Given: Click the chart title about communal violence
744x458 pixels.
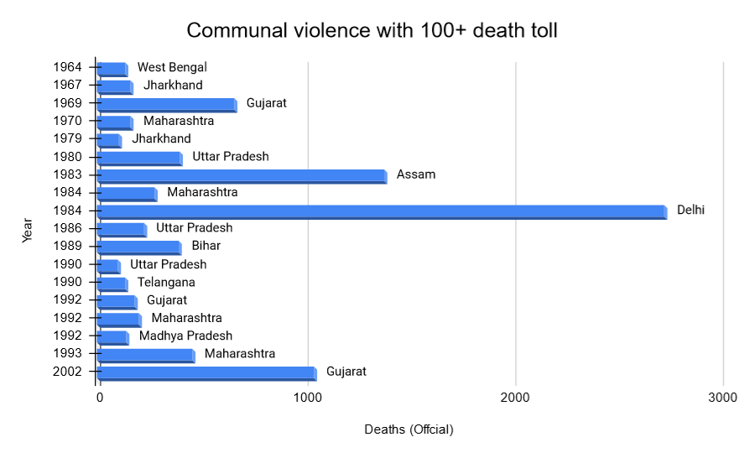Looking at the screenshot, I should pos(372,31).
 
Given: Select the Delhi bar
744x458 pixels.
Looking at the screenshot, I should pos(382,211).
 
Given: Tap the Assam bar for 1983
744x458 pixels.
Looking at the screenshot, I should pos(242,175).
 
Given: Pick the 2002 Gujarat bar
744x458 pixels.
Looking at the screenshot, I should pos(206,372).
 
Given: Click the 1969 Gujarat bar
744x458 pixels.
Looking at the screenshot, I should pos(167,103).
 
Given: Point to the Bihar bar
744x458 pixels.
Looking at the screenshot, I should pos(139,247).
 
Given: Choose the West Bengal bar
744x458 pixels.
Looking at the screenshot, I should pos(112,68).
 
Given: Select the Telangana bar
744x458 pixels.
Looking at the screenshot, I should pos(112,283).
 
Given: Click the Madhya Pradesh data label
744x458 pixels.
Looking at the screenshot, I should pos(185,336).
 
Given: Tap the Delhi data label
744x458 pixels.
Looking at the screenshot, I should pos(690,211).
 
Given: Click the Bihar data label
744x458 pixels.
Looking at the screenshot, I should pos(206,247).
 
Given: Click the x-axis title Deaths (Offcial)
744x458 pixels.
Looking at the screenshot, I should pos(408,429).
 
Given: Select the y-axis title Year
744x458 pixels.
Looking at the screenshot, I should pos(28,230).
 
